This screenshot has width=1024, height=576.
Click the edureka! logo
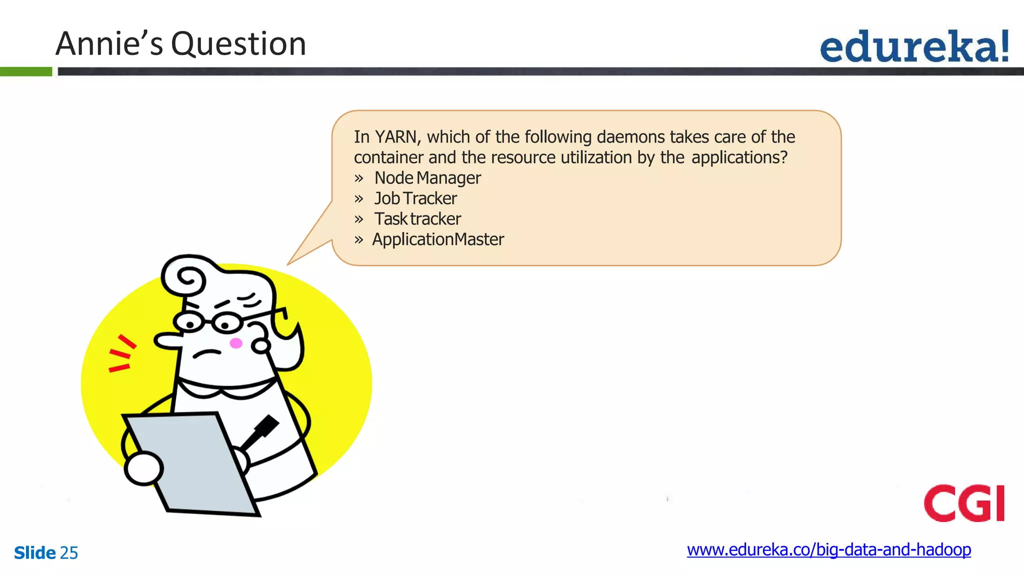(x=914, y=46)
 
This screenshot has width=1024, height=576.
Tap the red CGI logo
(x=964, y=503)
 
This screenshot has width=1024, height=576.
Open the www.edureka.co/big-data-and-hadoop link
(x=828, y=550)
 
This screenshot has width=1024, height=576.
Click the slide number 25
(x=69, y=553)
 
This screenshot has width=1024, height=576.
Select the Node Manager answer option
(x=427, y=178)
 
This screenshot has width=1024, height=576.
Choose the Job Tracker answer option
(x=415, y=198)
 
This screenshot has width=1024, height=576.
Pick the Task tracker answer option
(x=417, y=219)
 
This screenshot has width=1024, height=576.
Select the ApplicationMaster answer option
(x=438, y=239)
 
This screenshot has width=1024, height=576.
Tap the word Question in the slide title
(x=238, y=44)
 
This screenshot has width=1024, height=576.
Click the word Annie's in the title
(x=109, y=44)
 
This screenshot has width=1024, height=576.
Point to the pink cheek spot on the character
(x=235, y=343)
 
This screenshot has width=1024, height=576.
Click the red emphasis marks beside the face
(x=121, y=354)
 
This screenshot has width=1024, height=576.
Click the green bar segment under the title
(x=26, y=71)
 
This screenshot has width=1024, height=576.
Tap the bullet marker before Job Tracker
(x=358, y=199)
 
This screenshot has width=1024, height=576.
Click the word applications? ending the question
(x=739, y=158)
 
